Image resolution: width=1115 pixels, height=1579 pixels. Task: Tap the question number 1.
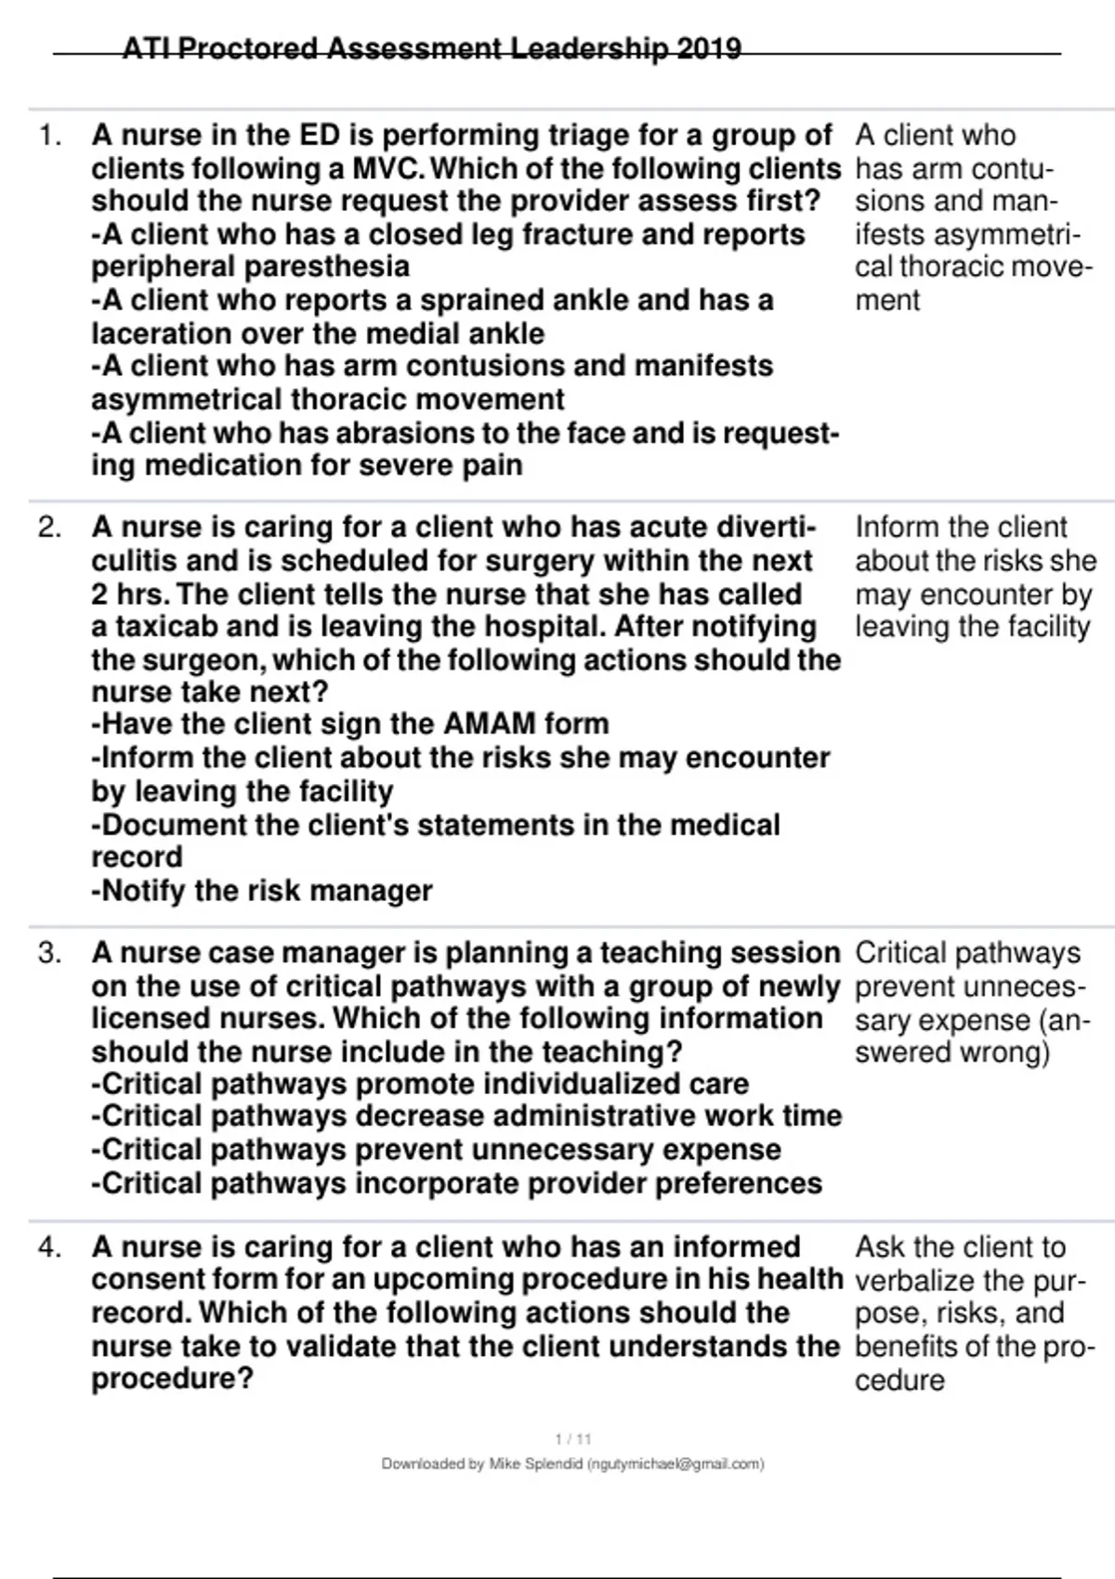point(50,136)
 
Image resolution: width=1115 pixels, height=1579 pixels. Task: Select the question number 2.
point(50,528)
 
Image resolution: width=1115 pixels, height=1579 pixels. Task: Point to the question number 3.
point(50,953)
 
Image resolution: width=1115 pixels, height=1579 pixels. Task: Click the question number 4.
point(50,1246)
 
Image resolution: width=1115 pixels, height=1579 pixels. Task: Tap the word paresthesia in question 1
point(250,267)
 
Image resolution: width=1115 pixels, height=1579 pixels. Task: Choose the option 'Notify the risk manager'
point(262,891)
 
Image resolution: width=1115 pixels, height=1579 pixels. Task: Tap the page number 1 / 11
point(572,1440)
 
